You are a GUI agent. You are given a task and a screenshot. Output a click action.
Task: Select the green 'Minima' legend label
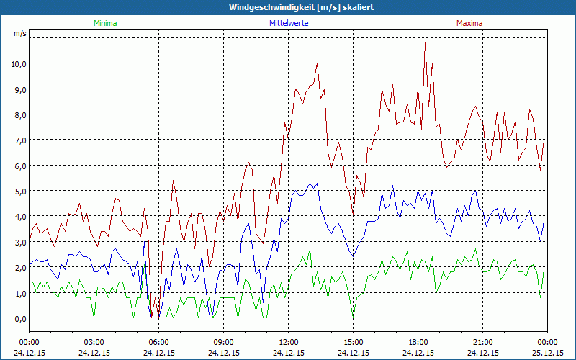pyautogui.click(x=104, y=23)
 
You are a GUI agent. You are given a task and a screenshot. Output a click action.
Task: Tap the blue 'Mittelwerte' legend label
pyautogui.click(x=289, y=23)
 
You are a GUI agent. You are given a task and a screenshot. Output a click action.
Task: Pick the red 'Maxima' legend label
pyautogui.click(x=469, y=23)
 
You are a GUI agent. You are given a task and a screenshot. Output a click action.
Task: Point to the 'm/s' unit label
pyautogui.click(x=19, y=33)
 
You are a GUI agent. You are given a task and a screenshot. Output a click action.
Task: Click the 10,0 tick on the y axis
pyautogui.click(x=19, y=63)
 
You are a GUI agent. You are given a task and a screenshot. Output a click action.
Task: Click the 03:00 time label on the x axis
pyautogui.click(x=94, y=342)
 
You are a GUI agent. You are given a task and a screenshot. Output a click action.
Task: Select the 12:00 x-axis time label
pyautogui.click(x=289, y=342)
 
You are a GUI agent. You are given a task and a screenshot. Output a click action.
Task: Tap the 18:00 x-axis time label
pyautogui.click(x=418, y=342)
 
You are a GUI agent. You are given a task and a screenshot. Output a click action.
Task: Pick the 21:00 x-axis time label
pyautogui.click(x=483, y=342)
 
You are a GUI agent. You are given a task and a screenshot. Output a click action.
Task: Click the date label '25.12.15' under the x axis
pyautogui.click(x=547, y=353)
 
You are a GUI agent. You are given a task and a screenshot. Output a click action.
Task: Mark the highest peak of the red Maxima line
pyautogui.click(x=425, y=43)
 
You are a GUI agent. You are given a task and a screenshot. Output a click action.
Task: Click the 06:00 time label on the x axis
pyautogui.click(x=159, y=342)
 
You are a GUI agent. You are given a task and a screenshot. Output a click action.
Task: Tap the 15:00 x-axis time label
pyautogui.click(x=354, y=342)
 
